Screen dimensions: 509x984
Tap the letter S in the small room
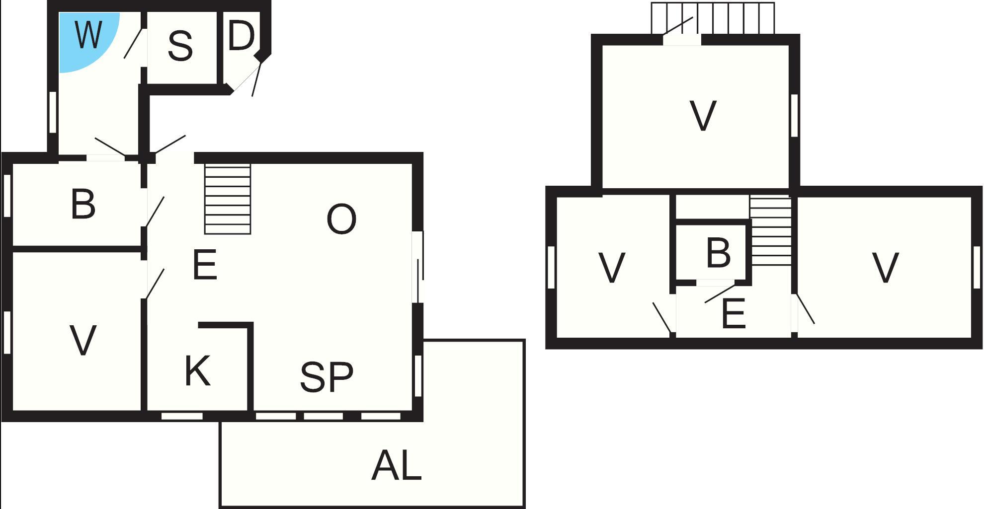[x=180, y=46]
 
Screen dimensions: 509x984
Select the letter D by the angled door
[x=242, y=36]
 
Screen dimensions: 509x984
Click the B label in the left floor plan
[x=83, y=204]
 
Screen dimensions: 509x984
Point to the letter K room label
[x=197, y=370]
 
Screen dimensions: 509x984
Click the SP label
[x=327, y=377]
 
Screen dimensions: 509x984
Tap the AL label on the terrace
[x=396, y=466]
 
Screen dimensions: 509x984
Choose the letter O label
[x=341, y=219]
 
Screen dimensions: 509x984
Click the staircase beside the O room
[x=228, y=199]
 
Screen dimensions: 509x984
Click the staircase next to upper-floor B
[x=770, y=231]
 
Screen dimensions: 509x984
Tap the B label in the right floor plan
[x=718, y=253]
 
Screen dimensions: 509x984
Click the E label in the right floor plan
[x=734, y=314]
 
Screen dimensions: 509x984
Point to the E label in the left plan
[x=205, y=265]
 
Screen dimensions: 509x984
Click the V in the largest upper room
[x=703, y=116]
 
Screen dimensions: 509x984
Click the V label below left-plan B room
[x=82, y=341]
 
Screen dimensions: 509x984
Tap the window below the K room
[x=182, y=416]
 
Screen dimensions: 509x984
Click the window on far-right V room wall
[x=977, y=267]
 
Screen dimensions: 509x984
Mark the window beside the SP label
[x=418, y=376]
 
